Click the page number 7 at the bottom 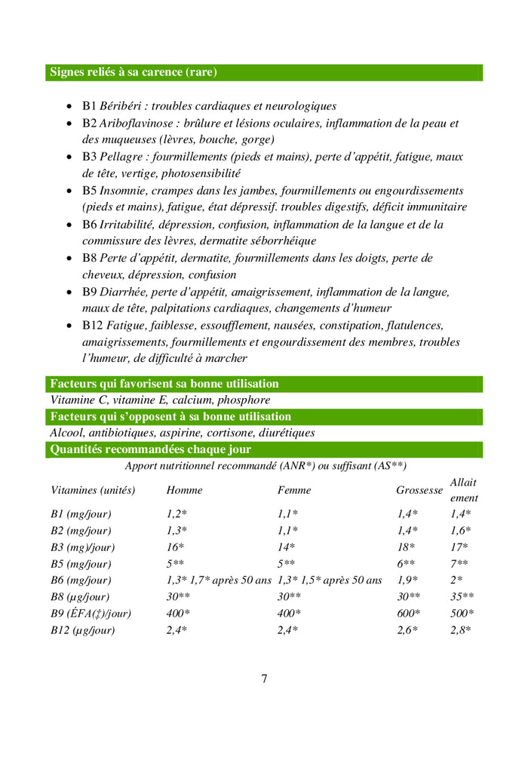pos(264,679)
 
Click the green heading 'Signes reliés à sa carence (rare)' pos(134,72)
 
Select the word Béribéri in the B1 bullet pos(122,106)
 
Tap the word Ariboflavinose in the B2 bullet pos(136,123)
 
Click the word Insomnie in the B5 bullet pos(124,191)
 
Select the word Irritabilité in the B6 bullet pos(127,225)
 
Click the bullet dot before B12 pos(70,326)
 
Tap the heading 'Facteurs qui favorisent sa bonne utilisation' pos(164,384)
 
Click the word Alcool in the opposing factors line pos(66,433)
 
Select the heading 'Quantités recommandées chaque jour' pos(151,449)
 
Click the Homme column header pos(185,490)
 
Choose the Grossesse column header pos(419,490)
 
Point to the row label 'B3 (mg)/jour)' pos(83,547)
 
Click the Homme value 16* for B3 pos(175,547)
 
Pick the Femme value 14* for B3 pos(286,547)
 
